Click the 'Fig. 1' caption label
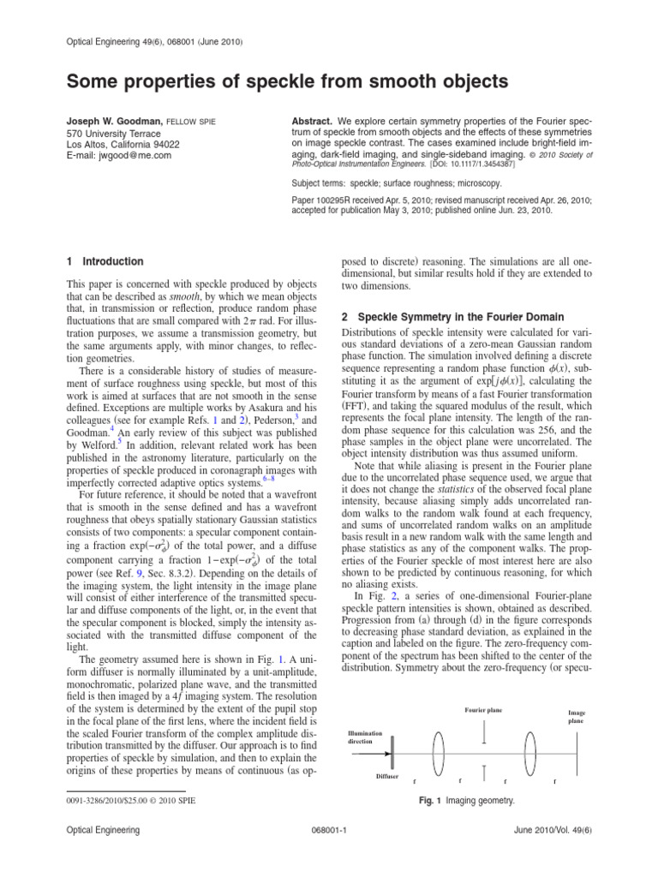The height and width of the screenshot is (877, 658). coord(428,800)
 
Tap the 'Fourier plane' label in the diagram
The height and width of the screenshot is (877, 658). coord(485,711)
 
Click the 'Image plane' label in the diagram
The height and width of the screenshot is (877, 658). coord(577,717)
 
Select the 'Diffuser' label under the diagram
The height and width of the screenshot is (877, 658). coord(387,775)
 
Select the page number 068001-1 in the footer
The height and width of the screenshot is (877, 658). coord(328,855)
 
